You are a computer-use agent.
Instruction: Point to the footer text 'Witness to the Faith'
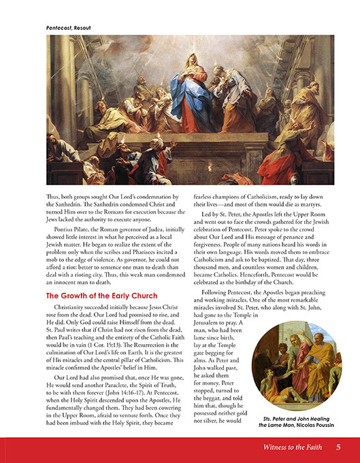point(293,447)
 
